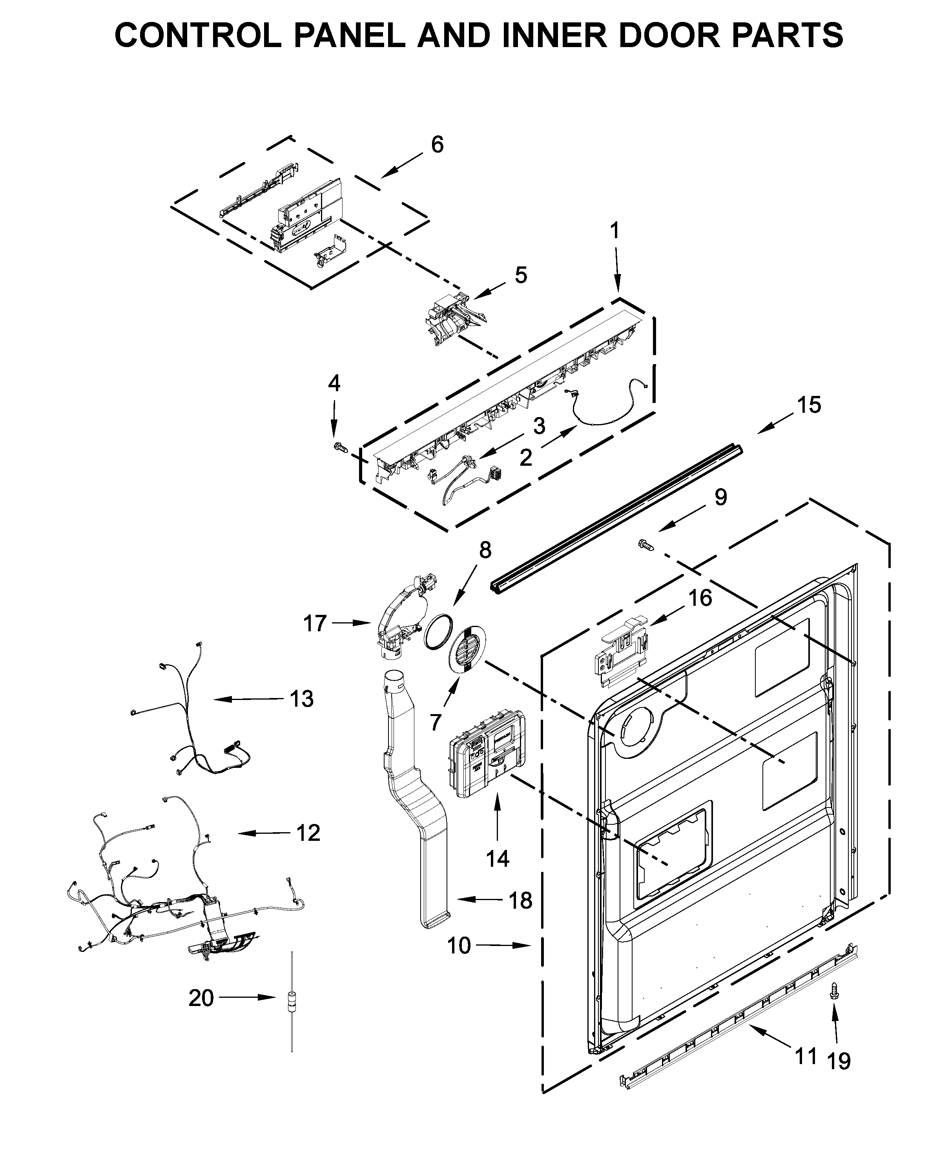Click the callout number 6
click(x=437, y=144)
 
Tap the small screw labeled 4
click(x=340, y=447)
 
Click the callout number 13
click(x=302, y=699)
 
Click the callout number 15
click(x=809, y=405)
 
